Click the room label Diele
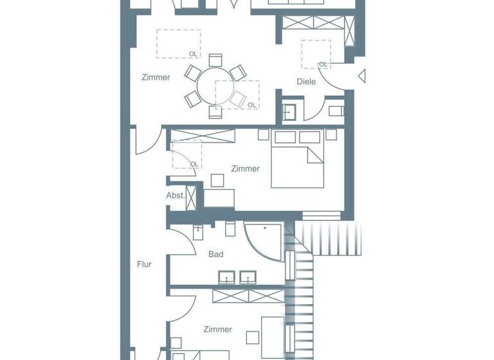coord(306,82)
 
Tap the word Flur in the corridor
coord(144,264)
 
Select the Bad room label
coord(216,255)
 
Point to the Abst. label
coord(175,195)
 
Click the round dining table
coord(216,85)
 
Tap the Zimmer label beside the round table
coord(156,78)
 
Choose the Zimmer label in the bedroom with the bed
coord(245,169)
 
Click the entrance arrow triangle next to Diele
coord(361,77)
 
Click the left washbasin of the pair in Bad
coord(227,278)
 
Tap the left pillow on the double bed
coord(284,137)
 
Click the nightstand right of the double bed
coord(331,134)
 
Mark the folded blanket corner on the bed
coord(315,155)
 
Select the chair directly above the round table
coord(215,60)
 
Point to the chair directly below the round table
coord(215,112)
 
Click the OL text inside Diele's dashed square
coord(323,64)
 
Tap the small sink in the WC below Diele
coord(288,111)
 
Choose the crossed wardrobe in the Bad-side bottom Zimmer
coord(248,295)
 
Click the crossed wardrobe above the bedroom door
coord(202,135)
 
